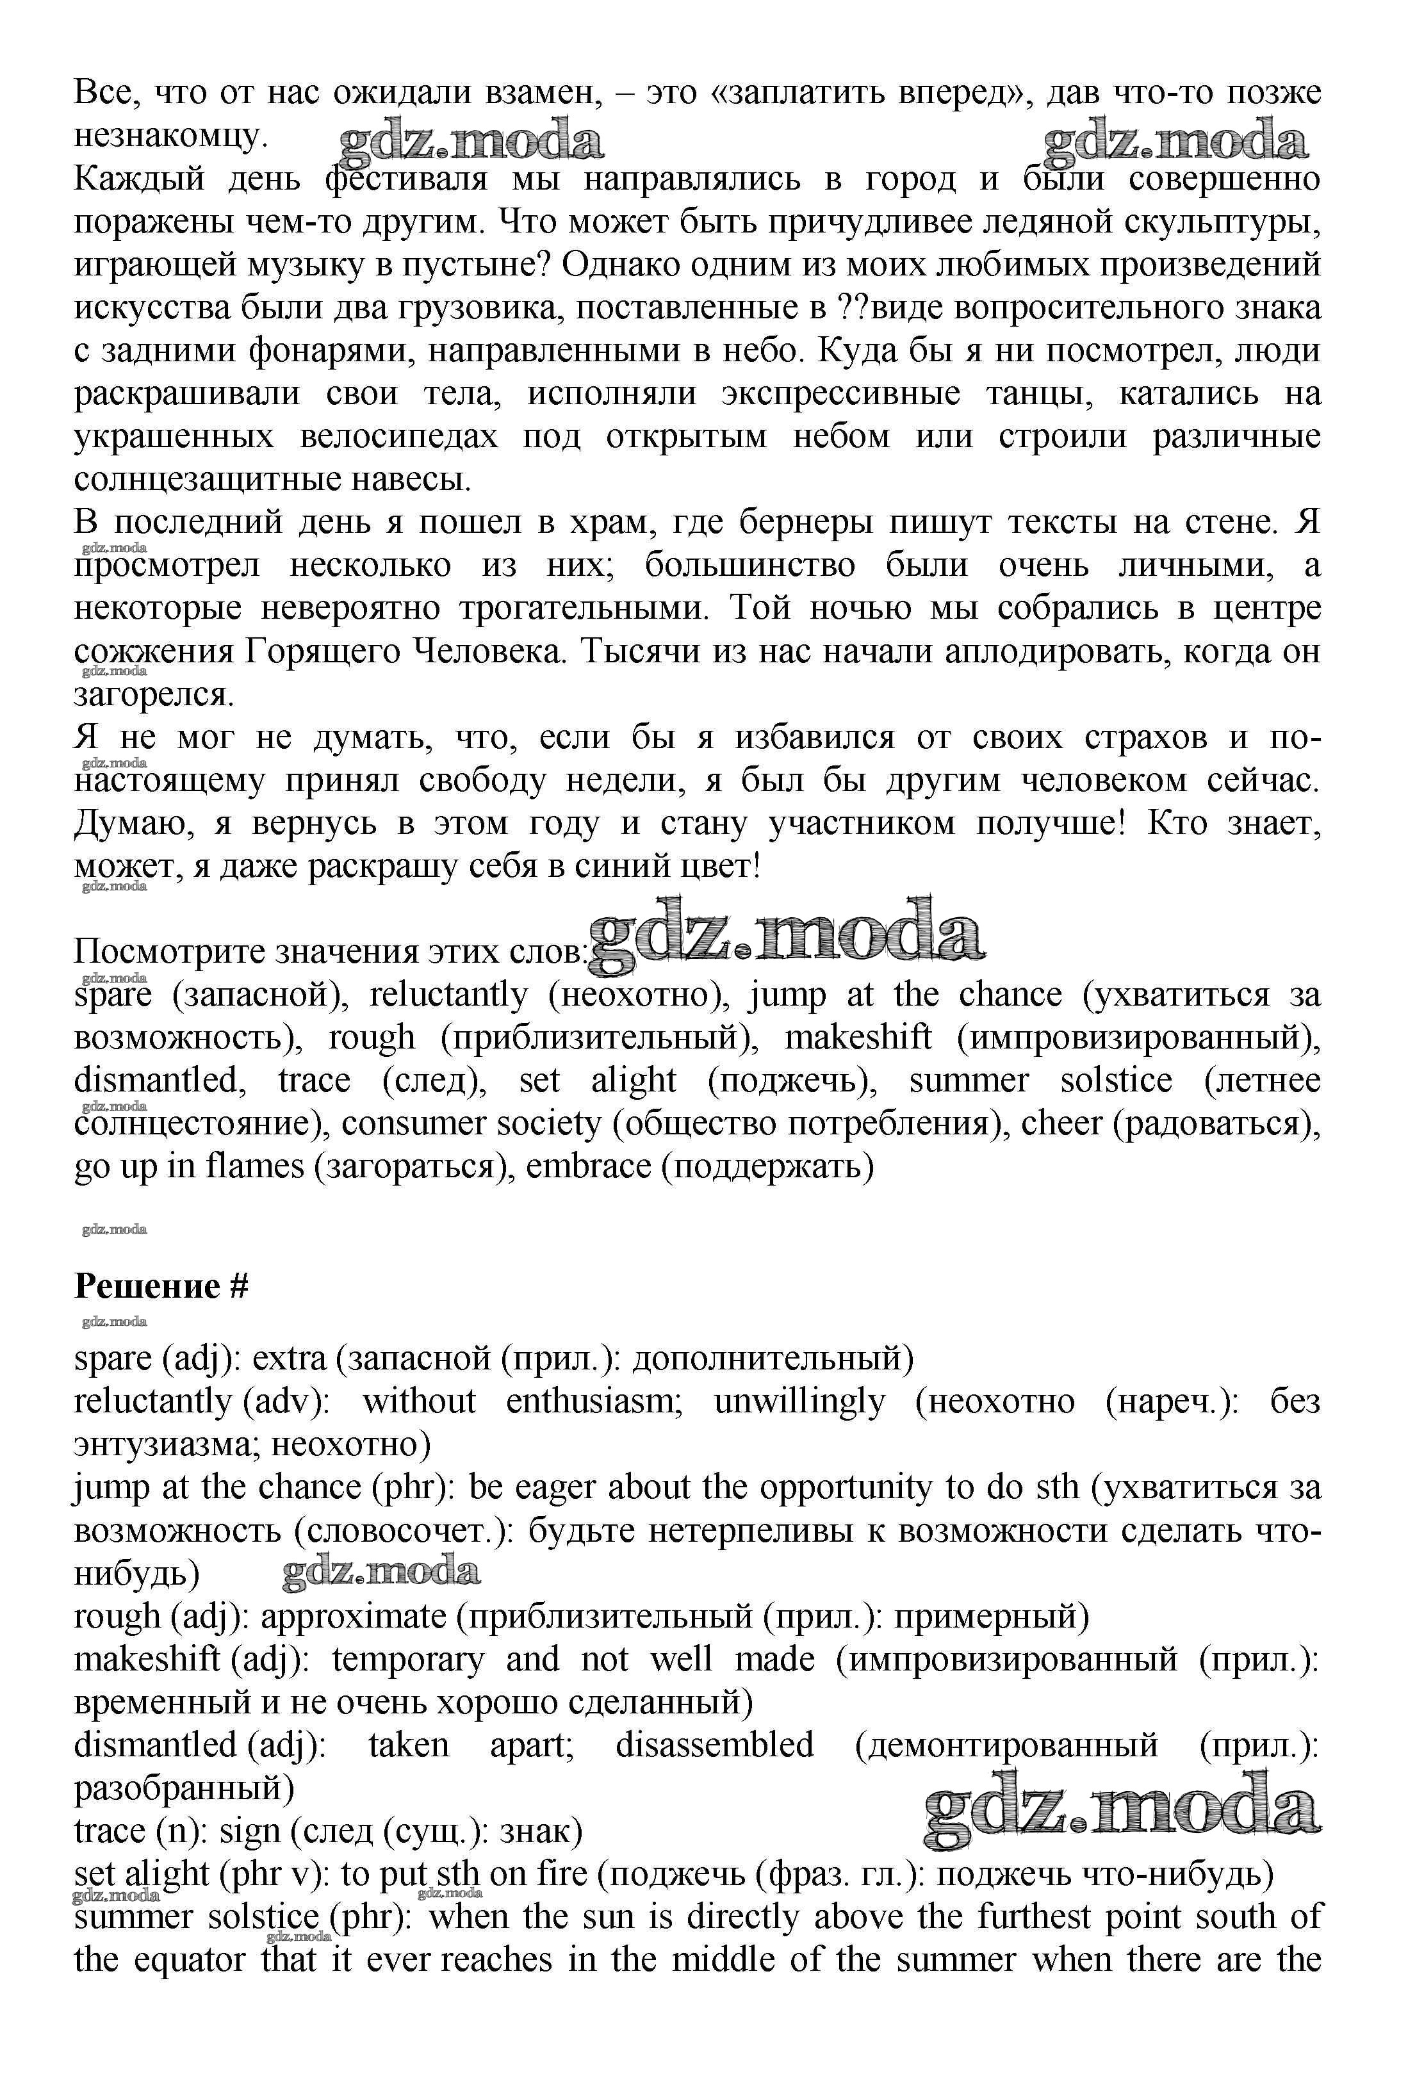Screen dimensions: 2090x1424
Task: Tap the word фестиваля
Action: [405, 179]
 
